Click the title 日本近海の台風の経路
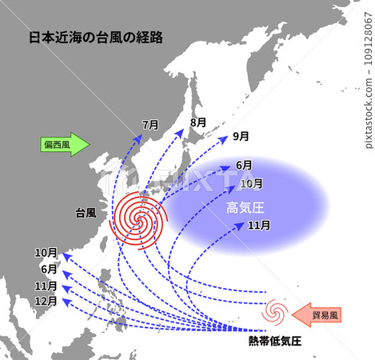point(95,37)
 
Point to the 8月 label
point(198,122)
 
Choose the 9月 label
point(241,137)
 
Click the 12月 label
point(46,302)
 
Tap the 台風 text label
point(86,213)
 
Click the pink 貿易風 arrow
point(317,314)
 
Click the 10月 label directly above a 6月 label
point(46,253)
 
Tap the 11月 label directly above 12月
point(46,286)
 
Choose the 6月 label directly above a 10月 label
point(245,166)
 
